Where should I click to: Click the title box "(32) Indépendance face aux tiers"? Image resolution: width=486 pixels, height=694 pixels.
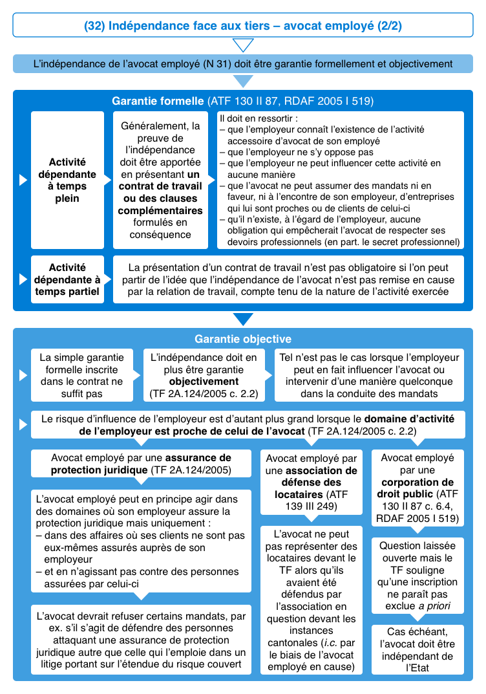tap(243, 26)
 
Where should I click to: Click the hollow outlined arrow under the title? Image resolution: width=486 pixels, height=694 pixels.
tap(243, 45)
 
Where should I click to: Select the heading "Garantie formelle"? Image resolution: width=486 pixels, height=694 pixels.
tap(158, 102)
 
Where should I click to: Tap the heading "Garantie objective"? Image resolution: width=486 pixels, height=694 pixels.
tap(243, 339)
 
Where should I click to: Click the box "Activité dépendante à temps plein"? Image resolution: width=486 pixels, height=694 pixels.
tap(67, 180)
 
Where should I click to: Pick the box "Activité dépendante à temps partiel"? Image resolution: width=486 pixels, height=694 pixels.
tap(67, 279)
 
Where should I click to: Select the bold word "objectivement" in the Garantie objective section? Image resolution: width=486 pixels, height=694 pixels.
tap(204, 382)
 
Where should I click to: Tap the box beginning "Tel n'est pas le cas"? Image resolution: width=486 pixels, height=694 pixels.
tap(369, 375)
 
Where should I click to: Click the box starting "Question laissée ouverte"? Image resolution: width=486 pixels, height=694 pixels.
tap(418, 576)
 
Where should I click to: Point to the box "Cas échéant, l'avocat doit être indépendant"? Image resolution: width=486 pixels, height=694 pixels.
tap(418, 649)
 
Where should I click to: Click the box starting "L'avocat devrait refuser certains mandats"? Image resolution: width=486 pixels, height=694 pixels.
tap(141, 639)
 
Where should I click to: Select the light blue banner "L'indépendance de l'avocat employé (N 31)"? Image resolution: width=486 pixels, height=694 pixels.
tap(243, 64)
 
